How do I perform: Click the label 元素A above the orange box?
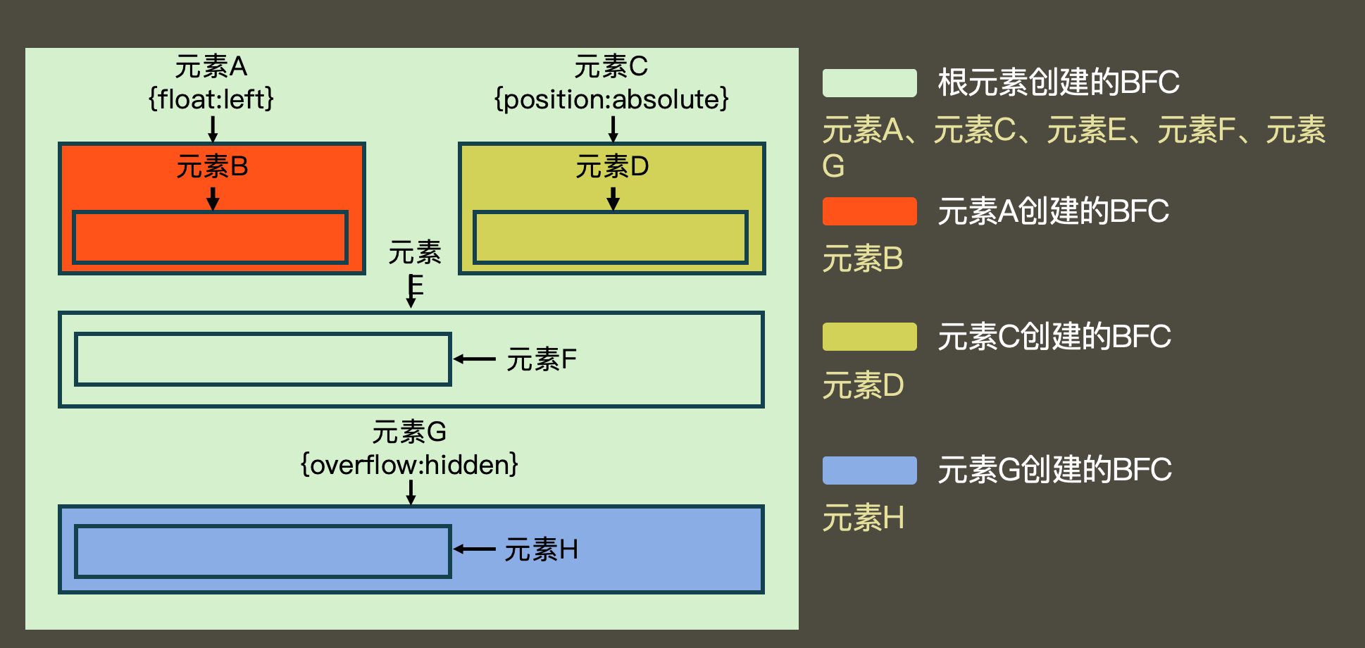211,67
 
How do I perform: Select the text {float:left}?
211,99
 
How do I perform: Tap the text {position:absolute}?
611,99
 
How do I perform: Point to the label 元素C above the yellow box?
611,67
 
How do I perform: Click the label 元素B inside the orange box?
212,167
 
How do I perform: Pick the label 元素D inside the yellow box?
612,167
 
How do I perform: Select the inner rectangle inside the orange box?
210,237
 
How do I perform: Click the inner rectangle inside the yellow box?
610,237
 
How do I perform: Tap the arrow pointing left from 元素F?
475,359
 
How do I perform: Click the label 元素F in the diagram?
542,360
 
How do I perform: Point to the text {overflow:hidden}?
409,465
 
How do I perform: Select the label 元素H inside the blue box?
542,549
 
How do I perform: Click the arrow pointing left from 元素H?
475,549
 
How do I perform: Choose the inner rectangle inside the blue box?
262,552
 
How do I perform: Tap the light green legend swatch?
869,83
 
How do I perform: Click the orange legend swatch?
869,211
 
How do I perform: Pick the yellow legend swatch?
869,337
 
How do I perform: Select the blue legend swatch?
869,471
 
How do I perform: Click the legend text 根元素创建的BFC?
1058,83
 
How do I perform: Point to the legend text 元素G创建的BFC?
1054,470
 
